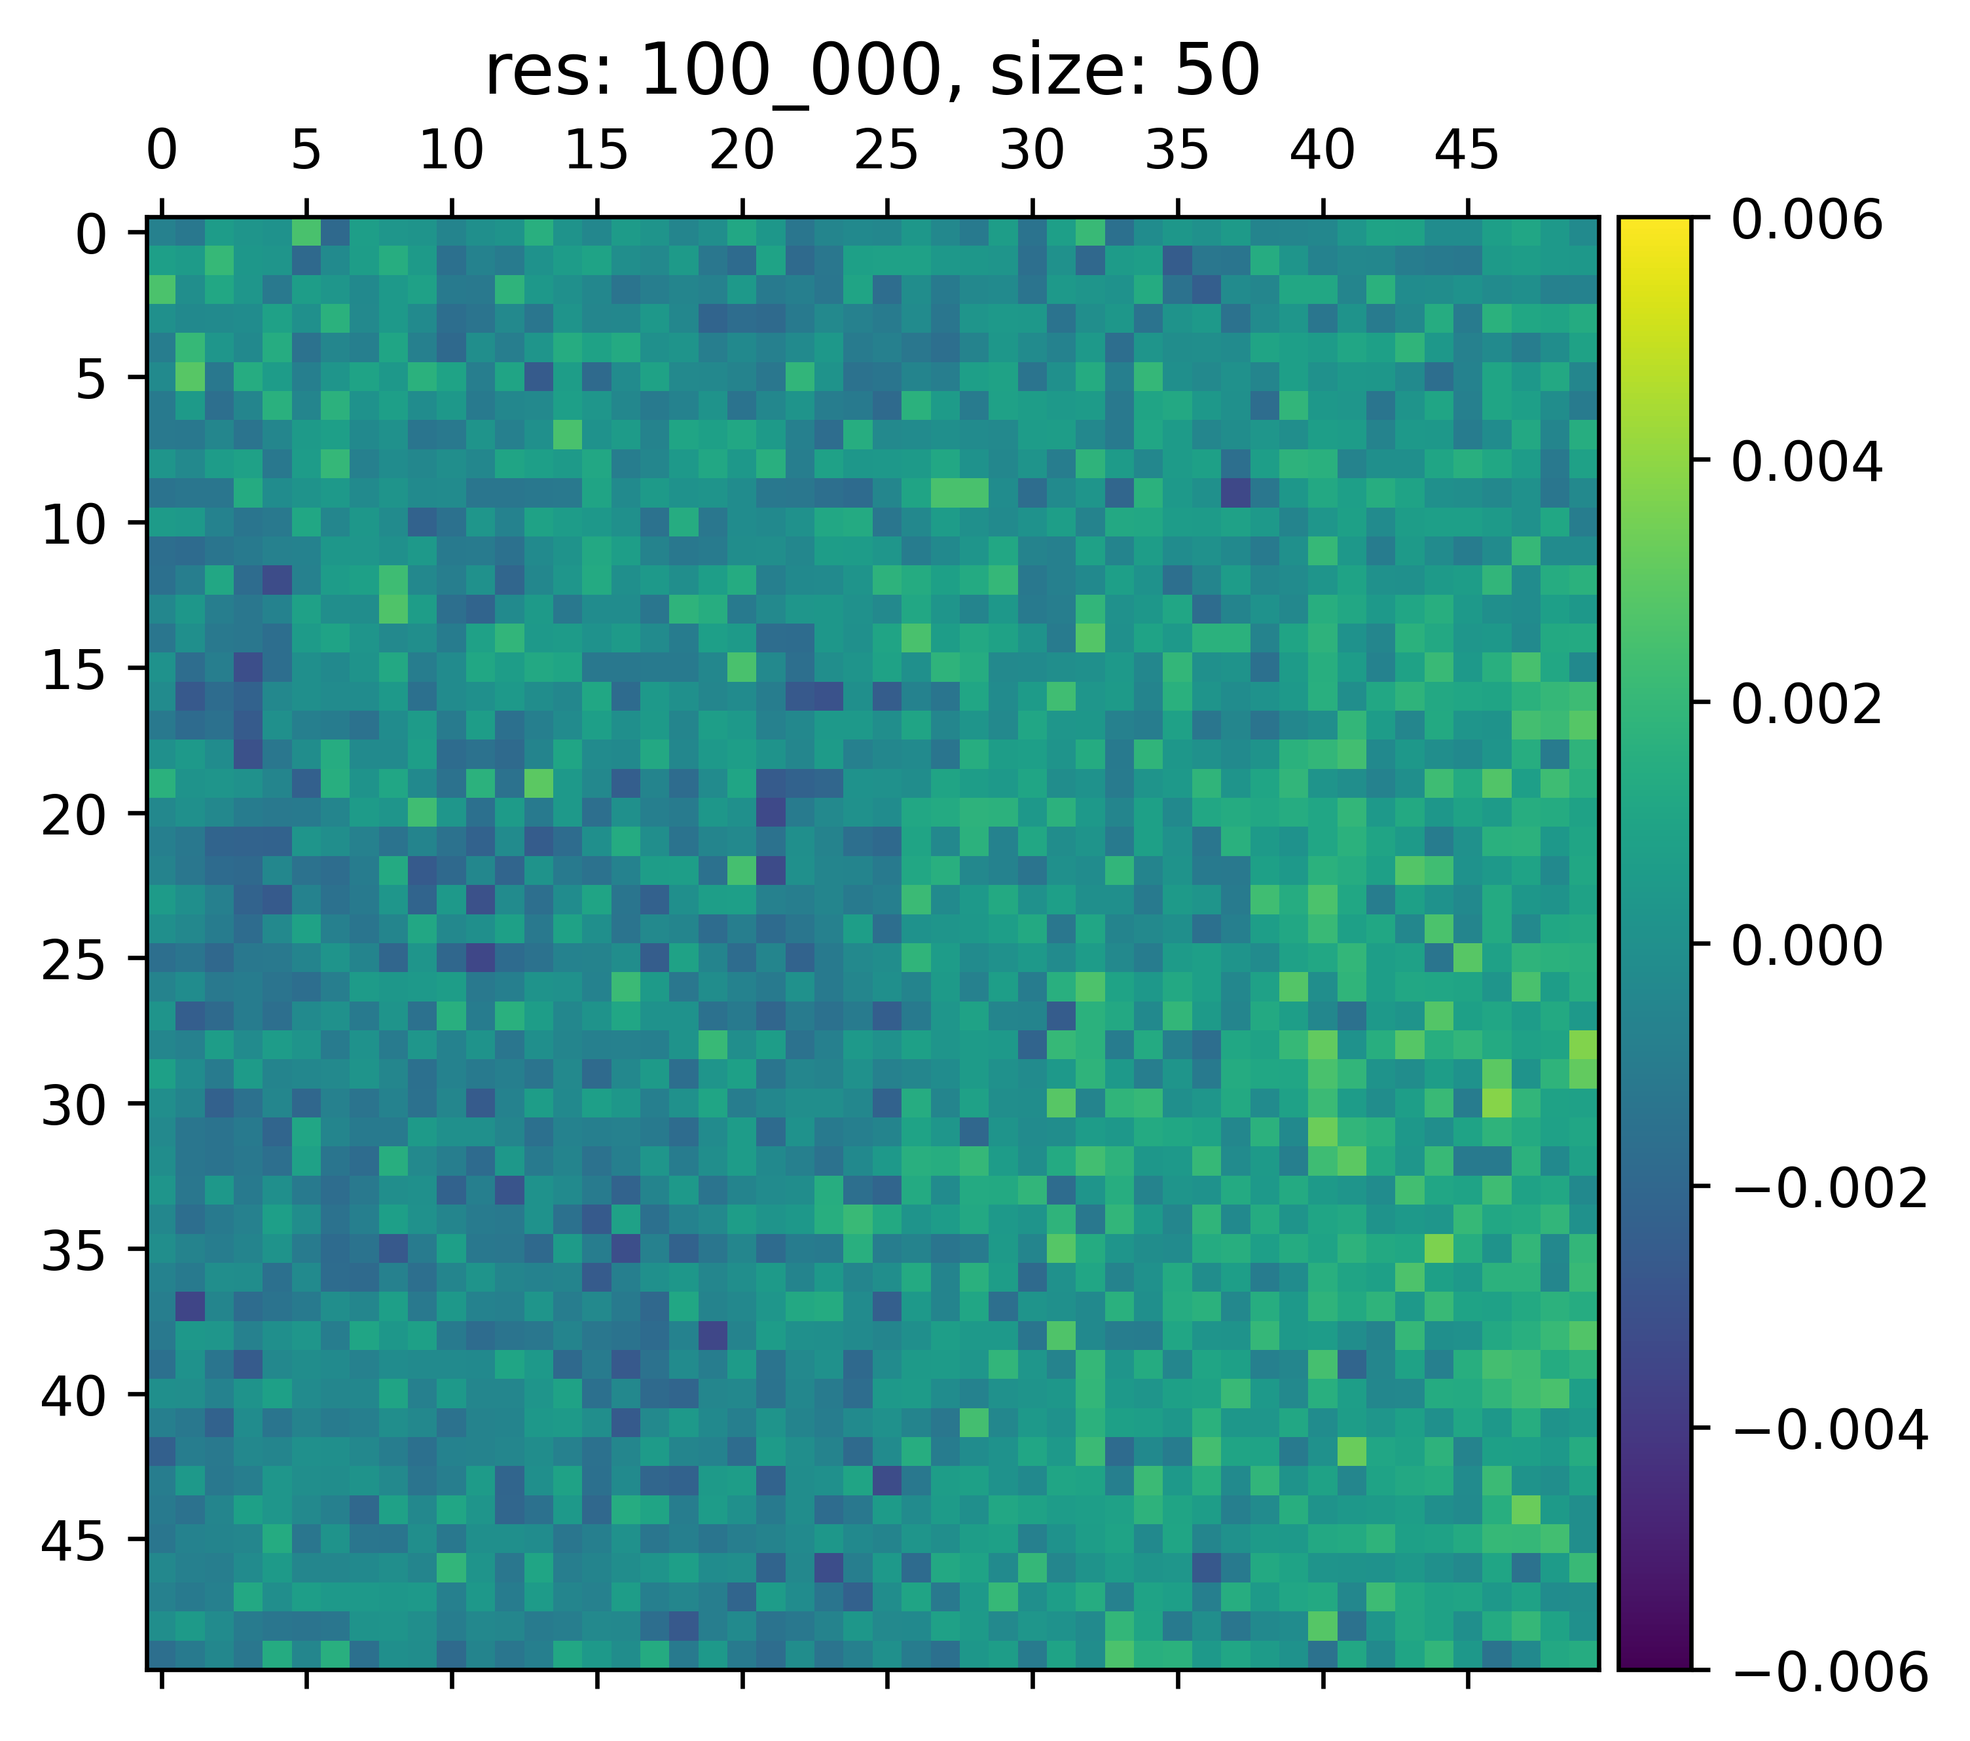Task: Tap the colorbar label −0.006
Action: tap(1829, 1673)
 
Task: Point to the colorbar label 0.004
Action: tap(1806, 464)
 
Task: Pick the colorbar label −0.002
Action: tap(1829, 1189)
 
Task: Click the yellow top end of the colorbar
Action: tap(1654, 227)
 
